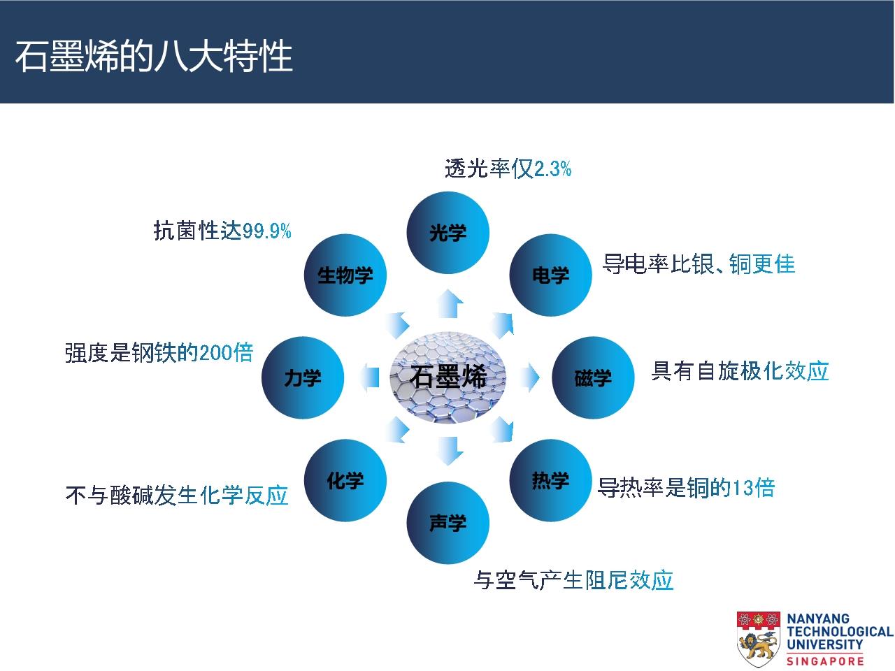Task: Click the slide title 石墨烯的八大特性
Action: (x=154, y=56)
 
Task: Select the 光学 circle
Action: (x=447, y=233)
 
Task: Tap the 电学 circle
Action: (x=550, y=275)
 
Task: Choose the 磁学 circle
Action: (x=593, y=377)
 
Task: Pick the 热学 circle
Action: (x=550, y=480)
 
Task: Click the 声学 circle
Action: (x=447, y=523)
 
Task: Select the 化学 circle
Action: (x=345, y=480)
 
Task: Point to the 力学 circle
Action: (x=303, y=377)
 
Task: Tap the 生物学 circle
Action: (x=345, y=275)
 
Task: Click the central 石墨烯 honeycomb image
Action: (x=447, y=377)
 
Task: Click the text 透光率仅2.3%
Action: (x=508, y=168)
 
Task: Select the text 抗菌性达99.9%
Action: (x=222, y=231)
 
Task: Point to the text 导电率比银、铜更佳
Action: (x=699, y=264)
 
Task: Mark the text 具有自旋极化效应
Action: (x=740, y=370)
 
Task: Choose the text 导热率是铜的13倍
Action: (x=686, y=487)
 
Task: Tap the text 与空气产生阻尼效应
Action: (x=573, y=579)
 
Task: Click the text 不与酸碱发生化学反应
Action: (x=177, y=496)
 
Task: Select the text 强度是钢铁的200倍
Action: (x=159, y=353)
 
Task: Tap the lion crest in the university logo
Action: (x=758, y=639)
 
